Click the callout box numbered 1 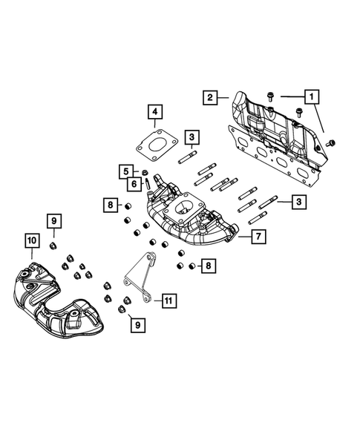[312, 96]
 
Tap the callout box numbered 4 [154, 114]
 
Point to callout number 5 [125, 171]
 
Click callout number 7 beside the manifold [258, 237]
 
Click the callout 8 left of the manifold [109, 204]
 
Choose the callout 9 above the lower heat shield [54, 220]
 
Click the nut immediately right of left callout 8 [127, 206]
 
